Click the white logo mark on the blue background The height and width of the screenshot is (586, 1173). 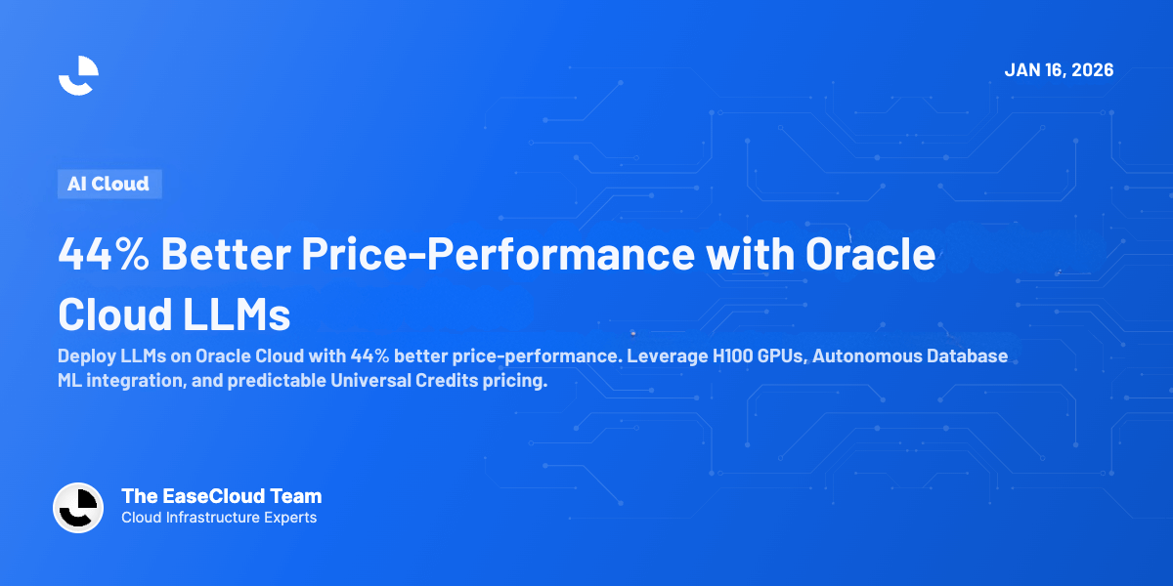click(x=78, y=75)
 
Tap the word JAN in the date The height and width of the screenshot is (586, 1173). click(x=1022, y=70)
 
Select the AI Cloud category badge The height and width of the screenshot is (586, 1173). click(x=109, y=184)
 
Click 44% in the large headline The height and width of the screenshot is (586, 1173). click(x=102, y=255)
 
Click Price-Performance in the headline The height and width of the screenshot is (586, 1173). click(x=499, y=255)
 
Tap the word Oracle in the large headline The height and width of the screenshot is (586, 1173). click(x=870, y=255)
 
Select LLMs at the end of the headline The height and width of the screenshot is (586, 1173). click(x=235, y=314)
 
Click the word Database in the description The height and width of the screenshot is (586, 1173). click(x=967, y=356)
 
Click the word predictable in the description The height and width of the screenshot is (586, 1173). click(x=270, y=381)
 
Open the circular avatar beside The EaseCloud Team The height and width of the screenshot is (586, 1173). click(x=78, y=508)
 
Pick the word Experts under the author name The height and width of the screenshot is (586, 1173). click(x=288, y=518)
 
